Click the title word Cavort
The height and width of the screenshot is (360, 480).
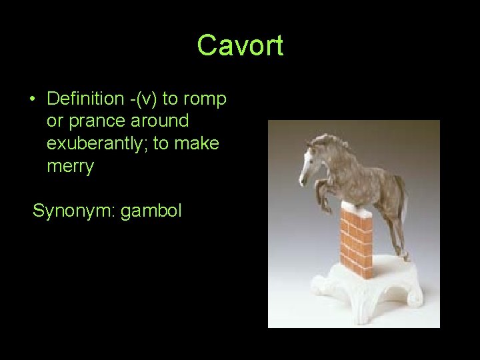(x=240, y=46)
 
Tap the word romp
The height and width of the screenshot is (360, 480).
(x=204, y=99)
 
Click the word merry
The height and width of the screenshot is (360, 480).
(x=70, y=167)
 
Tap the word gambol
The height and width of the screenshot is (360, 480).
(x=151, y=211)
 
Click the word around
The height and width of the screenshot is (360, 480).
(x=161, y=121)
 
